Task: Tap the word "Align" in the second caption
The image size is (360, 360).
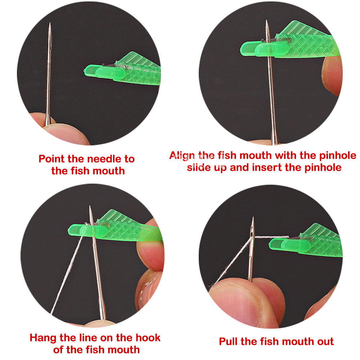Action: click(x=183, y=156)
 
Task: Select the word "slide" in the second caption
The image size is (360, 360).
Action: click(x=200, y=167)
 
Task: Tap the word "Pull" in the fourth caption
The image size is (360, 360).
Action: click(x=230, y=341)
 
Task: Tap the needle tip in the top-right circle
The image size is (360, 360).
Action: click(x=267, y=21)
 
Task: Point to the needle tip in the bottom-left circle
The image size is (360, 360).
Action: click(x=90, y=207)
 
